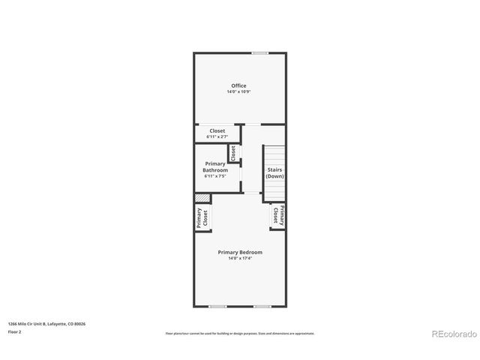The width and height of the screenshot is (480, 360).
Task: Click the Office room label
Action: (x=238, y=85)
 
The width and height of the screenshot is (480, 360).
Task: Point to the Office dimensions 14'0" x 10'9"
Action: (x=238, y=92)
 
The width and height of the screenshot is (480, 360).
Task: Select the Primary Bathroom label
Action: (x=215, y=166)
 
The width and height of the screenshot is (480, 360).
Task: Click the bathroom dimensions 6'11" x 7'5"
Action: (x=215, y=176)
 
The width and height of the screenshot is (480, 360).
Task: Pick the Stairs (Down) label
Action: (x=274, y=173)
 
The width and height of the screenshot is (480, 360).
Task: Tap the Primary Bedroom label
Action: (x=240, y=252)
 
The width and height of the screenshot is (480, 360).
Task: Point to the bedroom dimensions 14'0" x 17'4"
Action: (x=240, y=259)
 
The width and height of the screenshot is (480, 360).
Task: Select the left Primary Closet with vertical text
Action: (x=202, y=217)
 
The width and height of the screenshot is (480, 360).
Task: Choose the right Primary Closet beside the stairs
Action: (x=277, y=216)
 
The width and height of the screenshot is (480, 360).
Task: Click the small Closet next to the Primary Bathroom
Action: (x=233, y=152)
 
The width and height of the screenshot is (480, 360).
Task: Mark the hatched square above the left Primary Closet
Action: (x=202, y=198)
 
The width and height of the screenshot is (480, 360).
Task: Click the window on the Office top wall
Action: (x=260, y=52)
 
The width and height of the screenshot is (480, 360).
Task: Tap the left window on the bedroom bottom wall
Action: (x=217, y=306)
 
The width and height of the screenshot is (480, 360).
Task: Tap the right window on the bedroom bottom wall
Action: (x=262, y=306)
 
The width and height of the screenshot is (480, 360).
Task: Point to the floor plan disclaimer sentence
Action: (x=240, y=333)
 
